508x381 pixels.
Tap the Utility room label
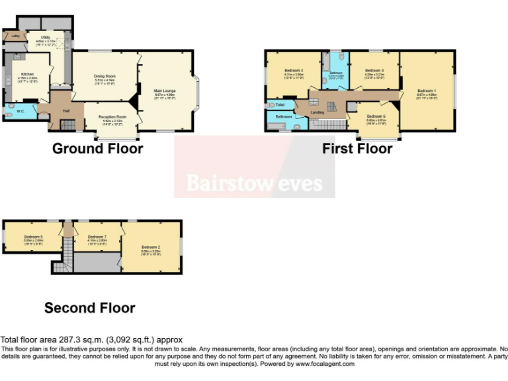coord(46,38)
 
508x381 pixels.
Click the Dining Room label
coord(105,76)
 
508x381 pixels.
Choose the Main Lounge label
coord(165,91)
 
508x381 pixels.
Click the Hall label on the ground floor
coord(66,110)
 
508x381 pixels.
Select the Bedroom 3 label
coord(294,71)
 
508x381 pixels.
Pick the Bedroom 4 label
coord(374,71)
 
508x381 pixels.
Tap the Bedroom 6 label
coord(376,116)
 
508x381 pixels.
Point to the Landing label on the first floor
coord(317,112)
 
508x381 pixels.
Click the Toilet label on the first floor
coord(280,105)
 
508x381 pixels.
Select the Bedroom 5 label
coord(33,237)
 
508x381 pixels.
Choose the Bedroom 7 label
coord(97,237)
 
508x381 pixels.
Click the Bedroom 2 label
coord(150,247)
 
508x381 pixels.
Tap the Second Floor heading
coord(89,308)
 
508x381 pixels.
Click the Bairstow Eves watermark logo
coord(254,182)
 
